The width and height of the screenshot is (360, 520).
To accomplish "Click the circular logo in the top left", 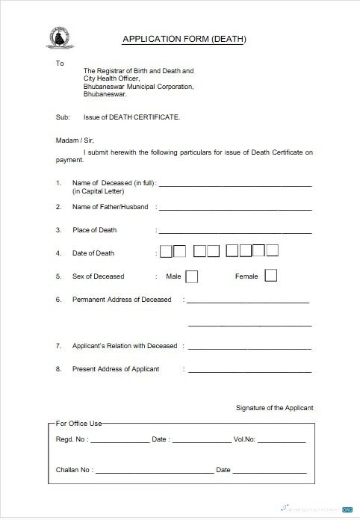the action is (56, 37).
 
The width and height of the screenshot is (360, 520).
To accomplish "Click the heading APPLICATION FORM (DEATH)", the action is (184, 39).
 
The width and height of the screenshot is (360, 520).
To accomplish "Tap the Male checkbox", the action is (192, 276).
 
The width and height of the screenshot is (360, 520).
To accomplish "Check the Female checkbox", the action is (270, 276).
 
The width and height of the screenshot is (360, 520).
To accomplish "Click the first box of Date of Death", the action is (167, 251).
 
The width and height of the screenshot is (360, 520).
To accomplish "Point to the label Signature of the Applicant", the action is (274, 408).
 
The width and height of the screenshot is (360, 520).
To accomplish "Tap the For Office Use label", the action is (79, 424).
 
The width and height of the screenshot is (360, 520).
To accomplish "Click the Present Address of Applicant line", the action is (249, 371).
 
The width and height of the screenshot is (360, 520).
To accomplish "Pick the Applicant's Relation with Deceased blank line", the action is (249, 348).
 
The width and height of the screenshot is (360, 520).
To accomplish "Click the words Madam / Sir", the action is (75, 140).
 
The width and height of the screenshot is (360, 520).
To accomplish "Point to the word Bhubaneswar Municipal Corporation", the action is (138, 87).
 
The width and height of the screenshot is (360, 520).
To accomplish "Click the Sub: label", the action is (63, 117).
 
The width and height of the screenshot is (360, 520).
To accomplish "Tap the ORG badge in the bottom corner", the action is (347, 510).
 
